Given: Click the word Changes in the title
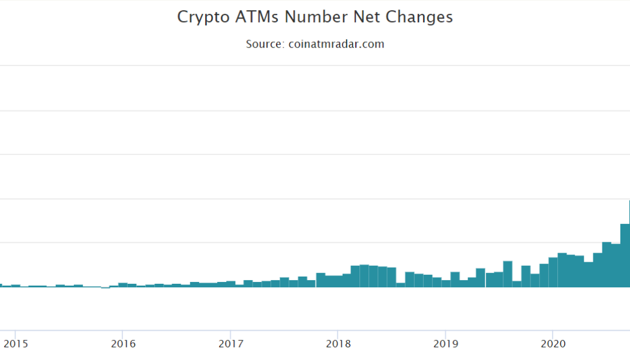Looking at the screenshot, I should [x=419, y=17].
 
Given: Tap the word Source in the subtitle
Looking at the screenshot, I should [x=263, y=44].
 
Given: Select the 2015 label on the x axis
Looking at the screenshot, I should [x=15, y=344].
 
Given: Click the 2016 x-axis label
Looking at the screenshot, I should [x=122, y=344].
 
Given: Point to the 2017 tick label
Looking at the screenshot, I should [x=230, y=344].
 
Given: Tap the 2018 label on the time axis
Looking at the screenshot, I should [x=338, y=344].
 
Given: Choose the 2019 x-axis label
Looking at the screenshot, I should [x=445, y=344].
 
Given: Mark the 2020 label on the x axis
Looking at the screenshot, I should [x=553, y=344].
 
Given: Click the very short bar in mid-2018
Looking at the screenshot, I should [x=400, y=285].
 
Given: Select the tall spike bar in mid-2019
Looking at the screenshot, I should [x=508, y=274].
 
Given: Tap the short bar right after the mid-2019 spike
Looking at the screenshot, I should [x=517, y=284].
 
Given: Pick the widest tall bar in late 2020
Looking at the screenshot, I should [x=625, y=256].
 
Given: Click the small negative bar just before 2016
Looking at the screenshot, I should [x=105, y=288].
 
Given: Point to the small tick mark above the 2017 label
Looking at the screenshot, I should [x=230, y=333].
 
